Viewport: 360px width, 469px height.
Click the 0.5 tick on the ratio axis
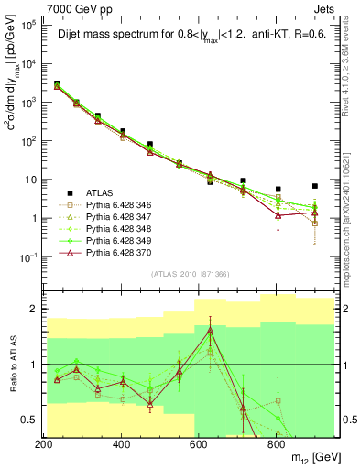point(28,420)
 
